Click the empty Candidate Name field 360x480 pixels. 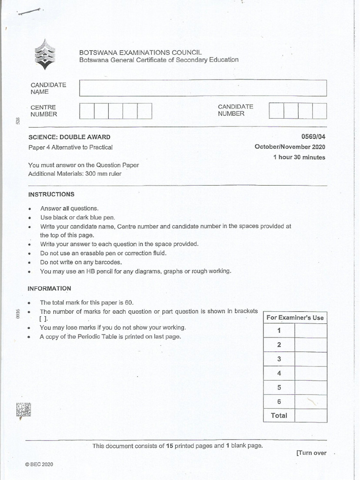(x=202, y=88)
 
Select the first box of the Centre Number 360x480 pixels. (x=87, y=111)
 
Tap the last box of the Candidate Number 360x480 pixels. (x=319, y=111)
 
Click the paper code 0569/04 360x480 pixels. (x=314, y=137)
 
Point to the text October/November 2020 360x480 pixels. (x=290, y=147)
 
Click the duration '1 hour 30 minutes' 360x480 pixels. (x=299, y=157)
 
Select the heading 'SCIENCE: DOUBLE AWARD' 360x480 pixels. (x=69, y=137)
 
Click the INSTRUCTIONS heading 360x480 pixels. (x=51, y=194)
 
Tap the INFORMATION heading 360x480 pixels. (x=49, y=288)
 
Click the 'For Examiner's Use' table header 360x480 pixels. (x=295, y=317)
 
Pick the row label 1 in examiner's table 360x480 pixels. (x=279, y=330)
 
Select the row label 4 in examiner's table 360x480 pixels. (x=279, y=374)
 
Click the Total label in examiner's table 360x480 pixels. (x=279, y=415)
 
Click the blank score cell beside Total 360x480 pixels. (x=311, y=415)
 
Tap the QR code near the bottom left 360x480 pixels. (x=23, y=410)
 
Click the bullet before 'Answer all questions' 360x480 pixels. (x=30, y=209)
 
